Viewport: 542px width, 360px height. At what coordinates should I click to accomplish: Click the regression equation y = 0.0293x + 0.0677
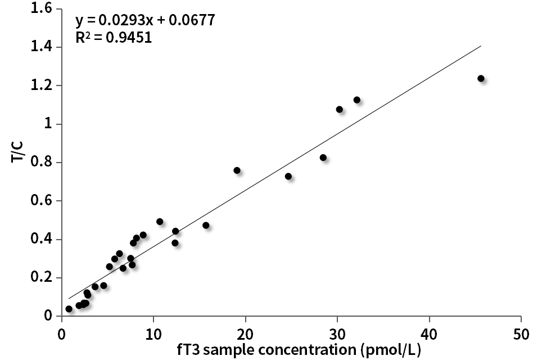click(x=145, y=21)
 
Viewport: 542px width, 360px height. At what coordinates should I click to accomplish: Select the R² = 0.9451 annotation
click(x=113, y=38)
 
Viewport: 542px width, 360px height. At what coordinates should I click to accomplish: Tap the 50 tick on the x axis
click(x=521, y=333)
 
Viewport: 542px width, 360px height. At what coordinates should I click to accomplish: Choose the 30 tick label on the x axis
click(x=337, y=333)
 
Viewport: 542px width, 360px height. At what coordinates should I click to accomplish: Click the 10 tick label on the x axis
click(x=153, y=333)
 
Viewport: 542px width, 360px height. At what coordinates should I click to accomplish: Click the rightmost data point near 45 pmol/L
click(x=481, y=78)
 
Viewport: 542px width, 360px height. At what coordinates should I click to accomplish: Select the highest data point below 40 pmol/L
click(x=356, y=100)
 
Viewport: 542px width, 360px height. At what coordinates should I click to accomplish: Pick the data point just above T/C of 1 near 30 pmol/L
click(x=339, y=109)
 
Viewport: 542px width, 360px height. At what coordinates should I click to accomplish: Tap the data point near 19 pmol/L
click(x=237, y=170)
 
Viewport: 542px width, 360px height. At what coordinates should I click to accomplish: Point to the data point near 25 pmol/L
click(x=288, y=176)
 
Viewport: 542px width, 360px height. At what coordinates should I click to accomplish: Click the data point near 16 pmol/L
click(x=206, y=225)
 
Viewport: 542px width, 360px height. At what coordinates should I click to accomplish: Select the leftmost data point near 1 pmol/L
click(x=69, y=309)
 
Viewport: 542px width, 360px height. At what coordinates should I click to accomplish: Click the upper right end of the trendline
click(x=481, y=46)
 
